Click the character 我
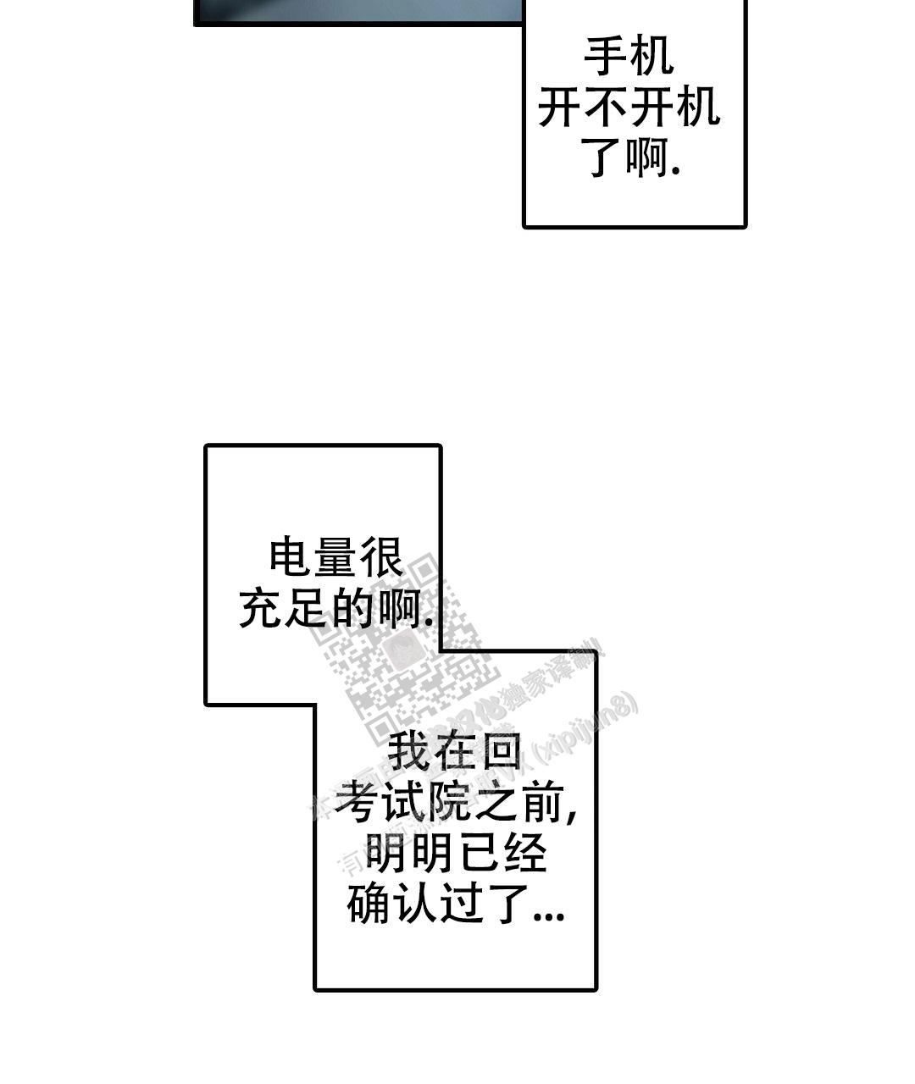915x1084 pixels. pyautogui.click(x=408, y=751)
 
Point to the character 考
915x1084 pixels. pyautogui.click(x=358, y=801)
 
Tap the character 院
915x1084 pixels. pyautogui.click(x=448, y=801)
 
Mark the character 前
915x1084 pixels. pyautogui.click(x=539, y=801)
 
